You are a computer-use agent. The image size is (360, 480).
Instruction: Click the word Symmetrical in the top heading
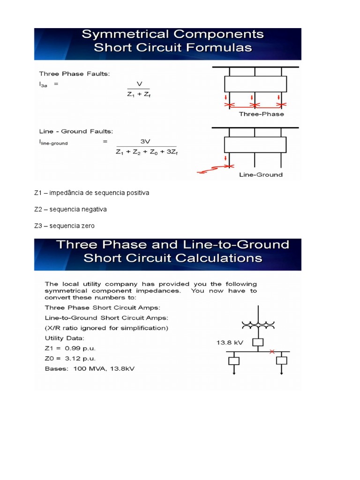[x=121, y=35]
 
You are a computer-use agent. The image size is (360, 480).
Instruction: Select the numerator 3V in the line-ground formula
[x=145, y=141]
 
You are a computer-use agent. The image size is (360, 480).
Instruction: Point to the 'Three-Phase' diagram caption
[x=261, y=114]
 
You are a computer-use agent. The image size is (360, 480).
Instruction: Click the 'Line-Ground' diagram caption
[x=261, y=175]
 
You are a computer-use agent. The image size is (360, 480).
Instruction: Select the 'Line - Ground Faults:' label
[x=76, y=132]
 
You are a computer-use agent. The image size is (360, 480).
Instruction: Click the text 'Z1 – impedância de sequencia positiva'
[x=91, y=193]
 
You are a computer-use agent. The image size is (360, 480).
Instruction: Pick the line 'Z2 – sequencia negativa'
[x=70, y=210]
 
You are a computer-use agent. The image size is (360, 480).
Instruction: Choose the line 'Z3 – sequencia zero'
[x=64, y=226]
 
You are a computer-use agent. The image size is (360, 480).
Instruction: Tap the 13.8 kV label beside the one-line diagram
[x=228, y=343]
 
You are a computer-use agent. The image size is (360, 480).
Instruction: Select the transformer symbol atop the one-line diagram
[x=258, y=324]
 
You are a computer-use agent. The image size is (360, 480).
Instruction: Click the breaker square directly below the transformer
[x=257, y=342]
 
